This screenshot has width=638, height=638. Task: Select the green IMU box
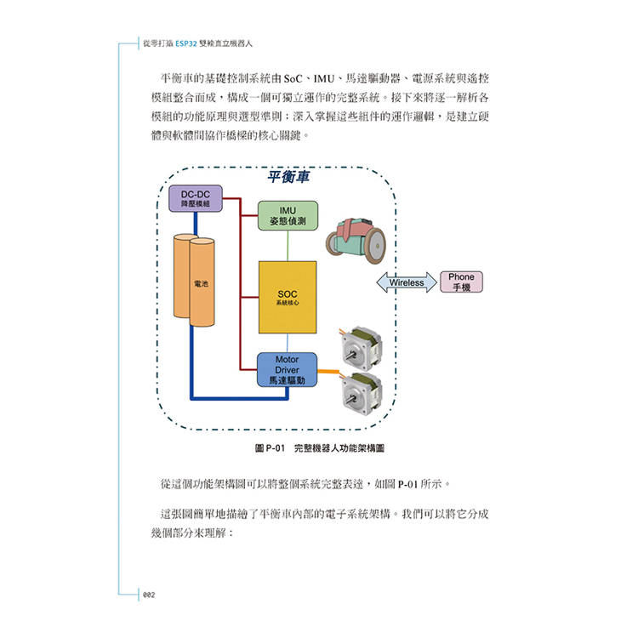(287, 216)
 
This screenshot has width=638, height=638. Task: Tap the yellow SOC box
(287, 297)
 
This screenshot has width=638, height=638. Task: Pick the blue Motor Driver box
(287, 371)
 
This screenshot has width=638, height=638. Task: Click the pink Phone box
(461, 282)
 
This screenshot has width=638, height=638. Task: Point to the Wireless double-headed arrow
(407, 282)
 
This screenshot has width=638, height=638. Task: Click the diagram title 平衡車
(288, 177)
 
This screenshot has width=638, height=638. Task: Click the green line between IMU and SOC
(287, 246)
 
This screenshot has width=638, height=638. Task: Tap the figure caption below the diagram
(313, 447)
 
